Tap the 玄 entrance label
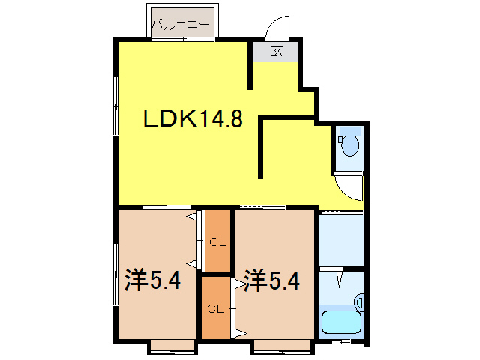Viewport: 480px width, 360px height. point(276,51)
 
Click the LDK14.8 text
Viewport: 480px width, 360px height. point(193,118)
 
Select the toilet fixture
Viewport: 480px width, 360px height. point(350,144)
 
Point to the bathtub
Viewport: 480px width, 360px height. point(341,323)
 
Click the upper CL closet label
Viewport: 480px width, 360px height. point(217,241)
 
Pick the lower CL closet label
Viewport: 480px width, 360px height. point(215,308)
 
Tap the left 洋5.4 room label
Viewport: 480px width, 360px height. point(152,281)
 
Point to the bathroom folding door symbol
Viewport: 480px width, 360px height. point(340,278)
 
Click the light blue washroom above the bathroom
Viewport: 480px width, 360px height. point(341,239)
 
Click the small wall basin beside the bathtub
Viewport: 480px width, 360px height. point(359,303)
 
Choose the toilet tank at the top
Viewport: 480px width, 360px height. point(350,130)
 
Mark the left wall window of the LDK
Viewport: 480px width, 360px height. point(115,106)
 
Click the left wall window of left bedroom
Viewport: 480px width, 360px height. point(115,266)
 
